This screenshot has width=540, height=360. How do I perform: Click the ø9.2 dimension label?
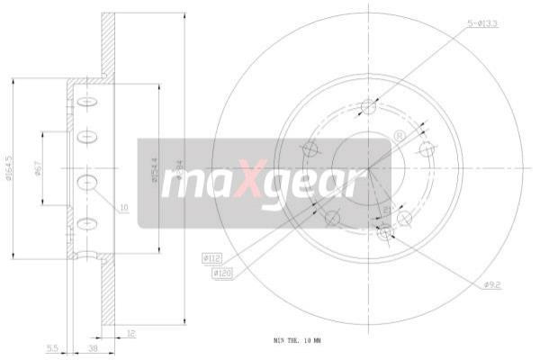(492, 285)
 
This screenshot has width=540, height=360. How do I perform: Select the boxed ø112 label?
(213, 259)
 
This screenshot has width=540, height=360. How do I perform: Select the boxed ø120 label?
(223, 272)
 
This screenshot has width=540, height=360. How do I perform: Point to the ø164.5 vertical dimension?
(10, 168)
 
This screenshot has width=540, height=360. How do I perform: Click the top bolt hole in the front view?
(367, 108)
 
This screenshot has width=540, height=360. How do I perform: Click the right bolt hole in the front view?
(426, 149)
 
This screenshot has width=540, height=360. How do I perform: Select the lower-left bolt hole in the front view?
(331, 217)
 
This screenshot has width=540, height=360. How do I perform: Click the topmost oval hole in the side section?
(87, 102)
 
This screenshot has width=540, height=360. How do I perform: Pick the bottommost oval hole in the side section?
(87, 223)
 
